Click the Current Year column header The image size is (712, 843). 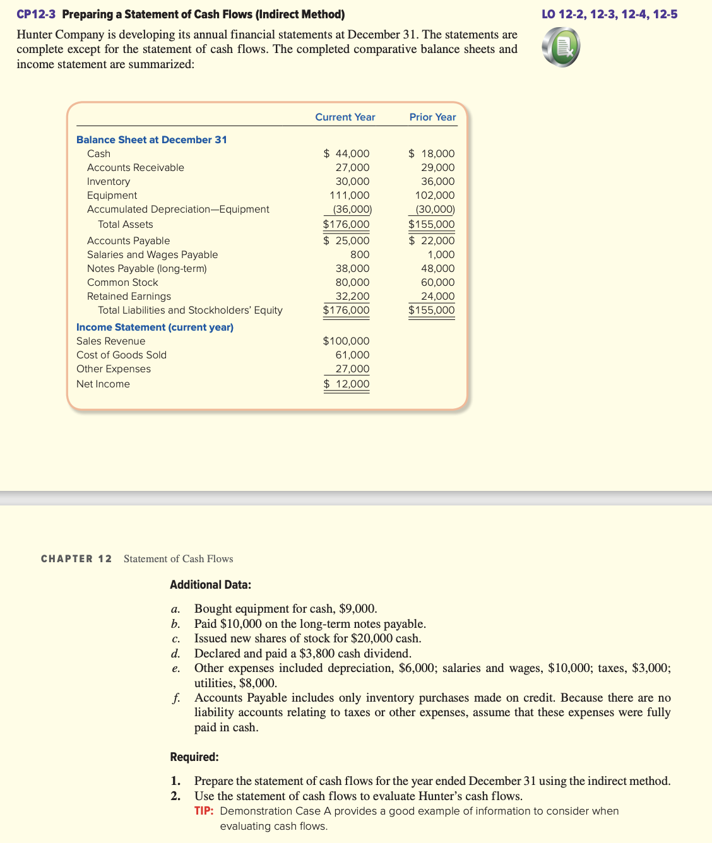345,117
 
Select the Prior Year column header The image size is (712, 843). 432,117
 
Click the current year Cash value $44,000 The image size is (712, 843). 347,153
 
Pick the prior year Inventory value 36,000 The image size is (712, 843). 437,181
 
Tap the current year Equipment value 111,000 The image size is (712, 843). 350,195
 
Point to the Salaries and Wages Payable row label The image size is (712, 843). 152,254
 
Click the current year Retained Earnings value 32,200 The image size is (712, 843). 352,296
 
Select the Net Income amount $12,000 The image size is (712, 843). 347,384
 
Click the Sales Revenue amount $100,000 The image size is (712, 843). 346,341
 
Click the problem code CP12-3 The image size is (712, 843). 36,14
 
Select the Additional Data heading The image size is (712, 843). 210,584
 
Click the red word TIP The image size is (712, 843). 204,811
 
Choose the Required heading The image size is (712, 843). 194,757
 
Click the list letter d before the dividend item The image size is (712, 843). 175,653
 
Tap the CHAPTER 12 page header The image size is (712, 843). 76,558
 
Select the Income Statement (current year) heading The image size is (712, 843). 155,327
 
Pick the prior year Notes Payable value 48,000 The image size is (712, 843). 437,268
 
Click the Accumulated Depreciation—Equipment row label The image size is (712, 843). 178,209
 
